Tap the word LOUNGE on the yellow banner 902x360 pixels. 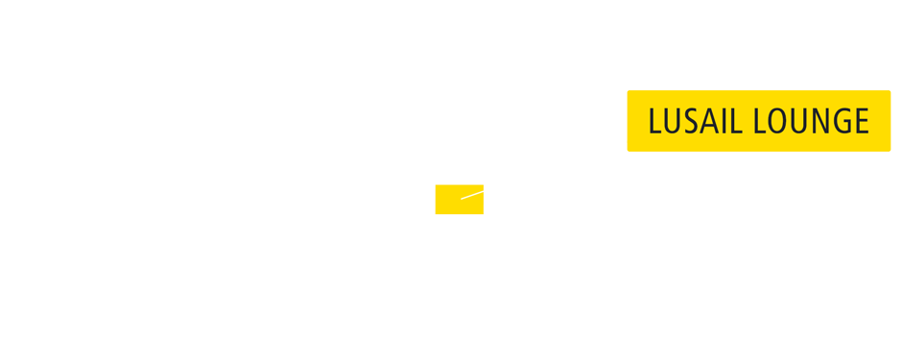[x=811, y=122]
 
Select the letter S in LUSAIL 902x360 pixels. [x=691, y=122]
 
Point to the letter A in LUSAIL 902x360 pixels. [x=709, y=122]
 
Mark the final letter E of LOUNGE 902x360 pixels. [x=862, y=122]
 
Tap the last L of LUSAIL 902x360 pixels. [x=736, y=122]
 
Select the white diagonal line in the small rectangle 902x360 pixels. [x=472, y=195]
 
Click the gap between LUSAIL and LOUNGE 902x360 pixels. [x=747, y=122]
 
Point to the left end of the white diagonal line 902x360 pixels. [x=462, y=199]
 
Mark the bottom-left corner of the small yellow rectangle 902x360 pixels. [x=436, y=213]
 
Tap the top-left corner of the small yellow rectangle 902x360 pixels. [x=436, y=185]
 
